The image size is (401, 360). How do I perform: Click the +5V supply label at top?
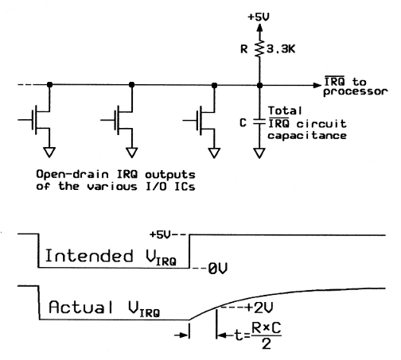259,17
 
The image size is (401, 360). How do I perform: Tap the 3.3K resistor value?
281,49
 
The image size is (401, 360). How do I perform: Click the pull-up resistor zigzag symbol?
259,48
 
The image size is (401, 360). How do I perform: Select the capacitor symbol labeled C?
259,122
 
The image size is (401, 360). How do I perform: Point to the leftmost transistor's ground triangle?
49,153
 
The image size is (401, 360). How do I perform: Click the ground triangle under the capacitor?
259,153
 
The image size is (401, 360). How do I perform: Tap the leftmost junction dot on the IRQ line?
49,85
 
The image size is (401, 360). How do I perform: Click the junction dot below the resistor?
259,85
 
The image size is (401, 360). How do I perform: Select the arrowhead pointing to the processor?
317,85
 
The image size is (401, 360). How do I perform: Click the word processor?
356,91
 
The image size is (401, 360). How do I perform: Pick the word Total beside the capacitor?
285,110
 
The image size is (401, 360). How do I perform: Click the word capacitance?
307,135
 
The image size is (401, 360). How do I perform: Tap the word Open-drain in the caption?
72,175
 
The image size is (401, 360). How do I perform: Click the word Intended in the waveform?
89,256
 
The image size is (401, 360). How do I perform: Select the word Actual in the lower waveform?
81,307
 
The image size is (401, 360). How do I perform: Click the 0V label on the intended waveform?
217,269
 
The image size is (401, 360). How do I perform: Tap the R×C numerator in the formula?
266,328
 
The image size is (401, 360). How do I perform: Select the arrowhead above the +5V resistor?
259,28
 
